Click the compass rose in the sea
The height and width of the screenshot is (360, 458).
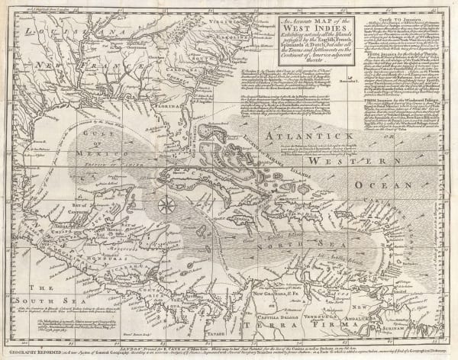click(x=164, y=204)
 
